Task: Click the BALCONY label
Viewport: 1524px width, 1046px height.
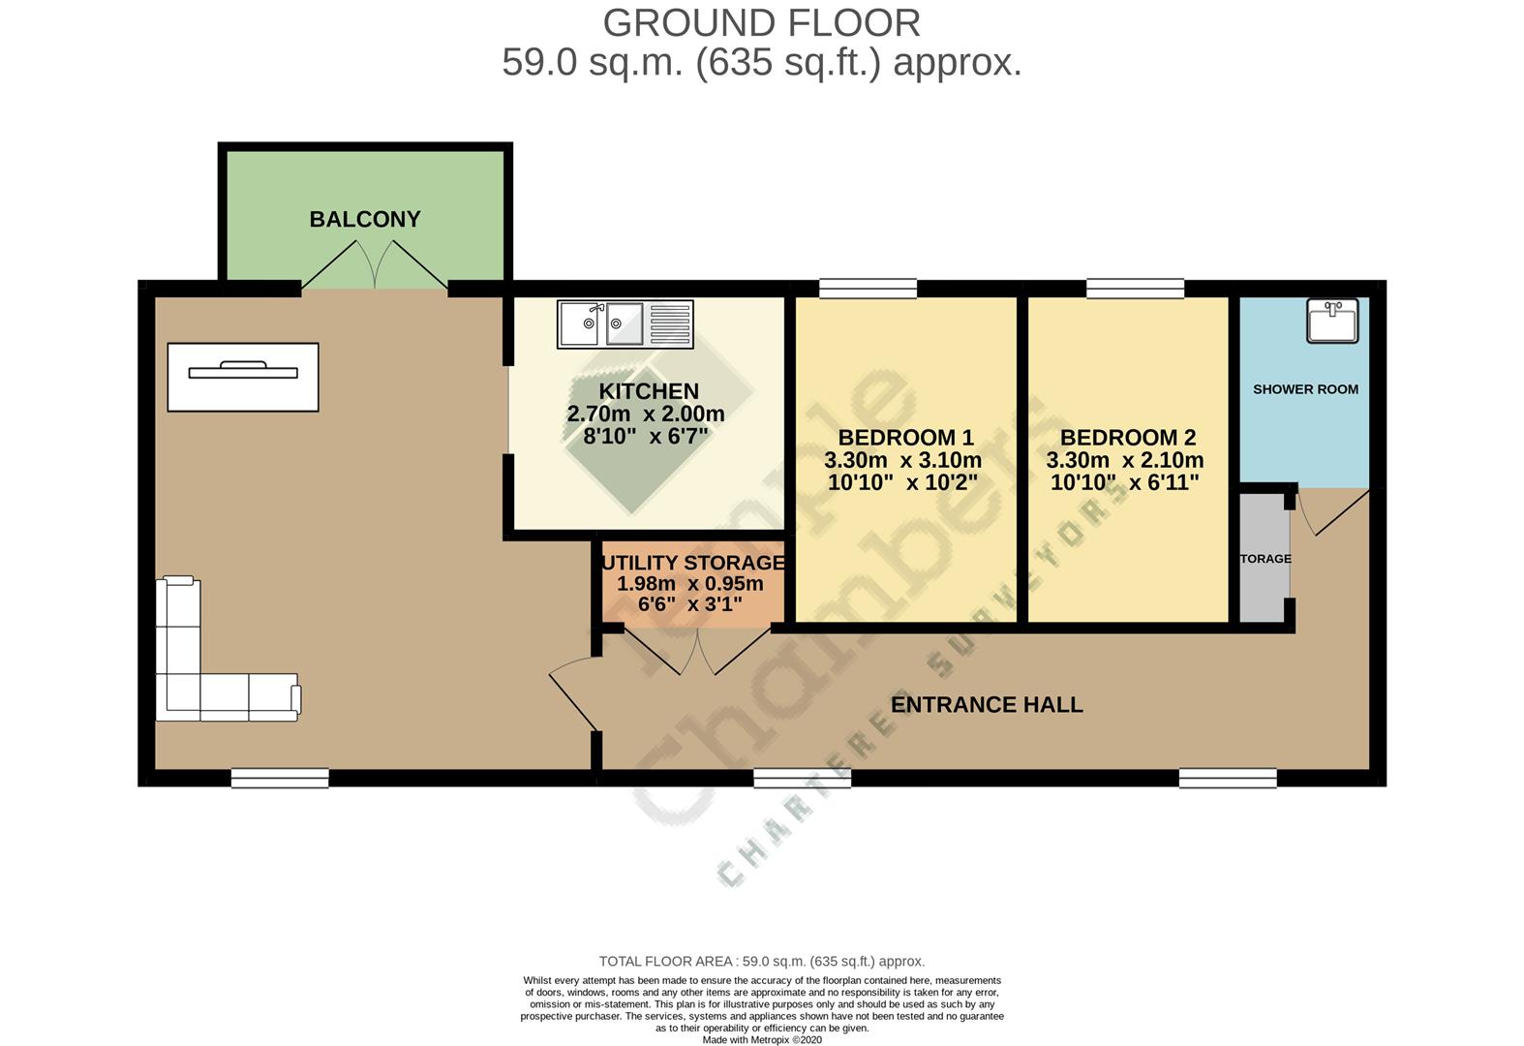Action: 365,219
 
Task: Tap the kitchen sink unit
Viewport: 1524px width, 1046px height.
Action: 625,324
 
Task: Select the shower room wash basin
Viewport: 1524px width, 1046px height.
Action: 1332,321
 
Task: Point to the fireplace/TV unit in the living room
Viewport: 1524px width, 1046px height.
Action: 243,376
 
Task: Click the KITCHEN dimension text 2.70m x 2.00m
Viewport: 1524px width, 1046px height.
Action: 646,414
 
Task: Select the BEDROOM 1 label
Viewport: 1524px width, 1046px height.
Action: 905,438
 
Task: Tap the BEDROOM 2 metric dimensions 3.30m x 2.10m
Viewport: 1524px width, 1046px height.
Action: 1125,460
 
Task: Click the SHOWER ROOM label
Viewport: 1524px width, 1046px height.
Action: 1305,389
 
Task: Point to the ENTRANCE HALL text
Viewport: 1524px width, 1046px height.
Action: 986,705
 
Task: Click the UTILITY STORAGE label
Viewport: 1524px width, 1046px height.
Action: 693,563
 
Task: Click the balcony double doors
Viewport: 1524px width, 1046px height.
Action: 376,266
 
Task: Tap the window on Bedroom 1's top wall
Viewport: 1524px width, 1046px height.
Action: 868,288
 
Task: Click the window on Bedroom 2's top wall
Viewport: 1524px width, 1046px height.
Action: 1135,288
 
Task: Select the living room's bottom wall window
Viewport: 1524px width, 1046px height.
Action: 280,777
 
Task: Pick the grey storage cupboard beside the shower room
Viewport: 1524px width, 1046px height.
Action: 1265,559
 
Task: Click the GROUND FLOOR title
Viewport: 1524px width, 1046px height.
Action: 761,22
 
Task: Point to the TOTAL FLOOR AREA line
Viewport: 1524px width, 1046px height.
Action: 761,961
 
